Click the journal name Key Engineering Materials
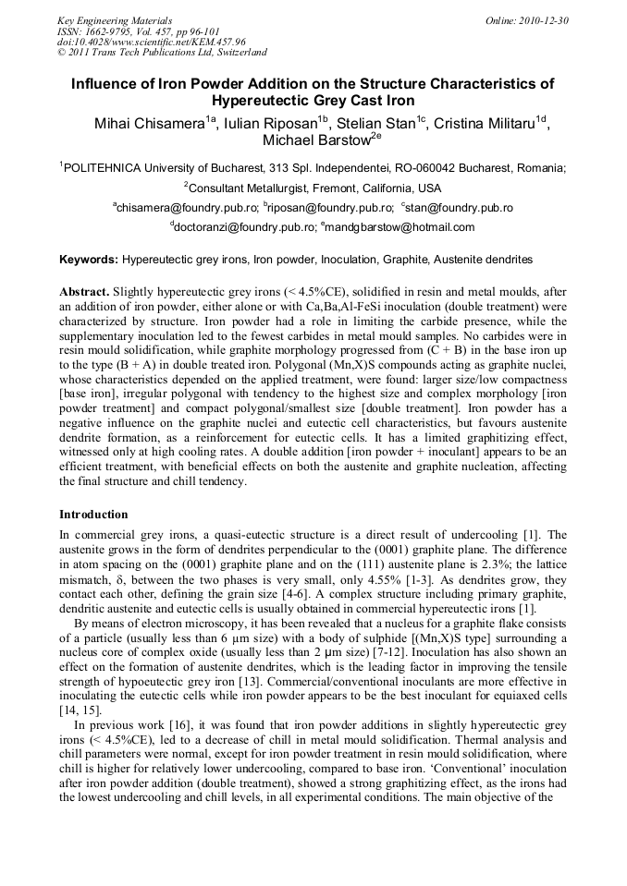(x=115, y=20)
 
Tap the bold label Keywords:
(x=89, y=261)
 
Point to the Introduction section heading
(x=93, y=514)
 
